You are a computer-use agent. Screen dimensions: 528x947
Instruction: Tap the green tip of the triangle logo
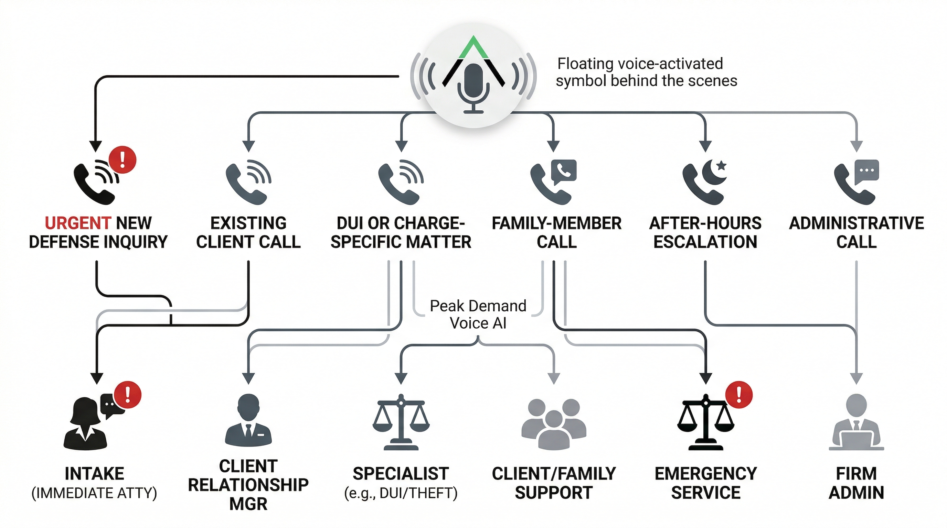(x=473, y=48)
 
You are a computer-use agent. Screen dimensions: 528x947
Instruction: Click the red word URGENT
(x=77, y=223)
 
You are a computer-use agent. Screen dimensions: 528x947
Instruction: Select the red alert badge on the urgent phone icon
(x=123, y=160)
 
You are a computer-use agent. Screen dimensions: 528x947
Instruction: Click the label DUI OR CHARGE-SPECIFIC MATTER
(x=401, y=232)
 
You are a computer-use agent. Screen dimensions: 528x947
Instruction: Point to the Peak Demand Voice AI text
(x=478, y=314)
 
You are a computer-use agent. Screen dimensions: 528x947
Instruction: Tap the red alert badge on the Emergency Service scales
(x=738, y=395)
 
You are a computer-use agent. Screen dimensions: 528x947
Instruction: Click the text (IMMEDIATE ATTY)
(x=95, y=493)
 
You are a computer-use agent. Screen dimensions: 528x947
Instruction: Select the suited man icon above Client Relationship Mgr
(x=248, y=420)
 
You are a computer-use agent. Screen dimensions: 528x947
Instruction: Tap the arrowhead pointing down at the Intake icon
(x=97, y=378)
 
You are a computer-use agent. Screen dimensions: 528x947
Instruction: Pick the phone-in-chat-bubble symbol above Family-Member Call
(x=564, y=171)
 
